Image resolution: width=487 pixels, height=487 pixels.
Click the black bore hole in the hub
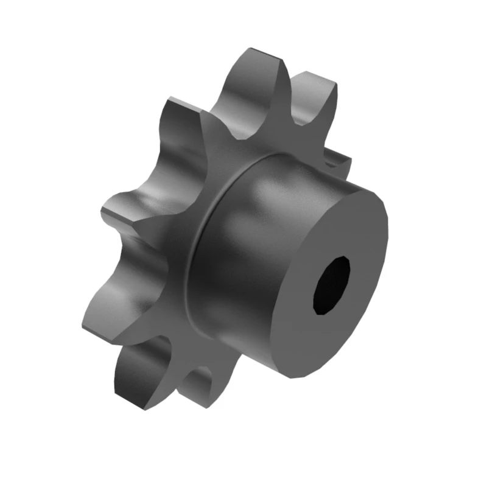332,285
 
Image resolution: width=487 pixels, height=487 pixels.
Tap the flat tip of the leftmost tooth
113,210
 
